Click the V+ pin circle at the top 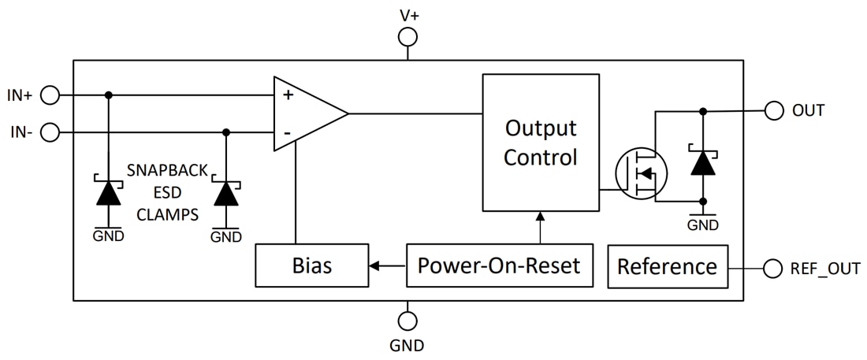[407, 37]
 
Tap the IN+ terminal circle [50, 95]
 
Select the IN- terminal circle [50, 132]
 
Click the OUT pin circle [774, 110]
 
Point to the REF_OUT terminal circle [774, 268]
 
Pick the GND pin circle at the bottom [407, 321]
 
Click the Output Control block [540, 143]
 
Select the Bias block [311, 265]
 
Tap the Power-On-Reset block [499, 265]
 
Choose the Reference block [667, 266]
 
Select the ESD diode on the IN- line [226, 191]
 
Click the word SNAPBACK [167, 170]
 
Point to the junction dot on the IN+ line [109, 95]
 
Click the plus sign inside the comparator [288, 95]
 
